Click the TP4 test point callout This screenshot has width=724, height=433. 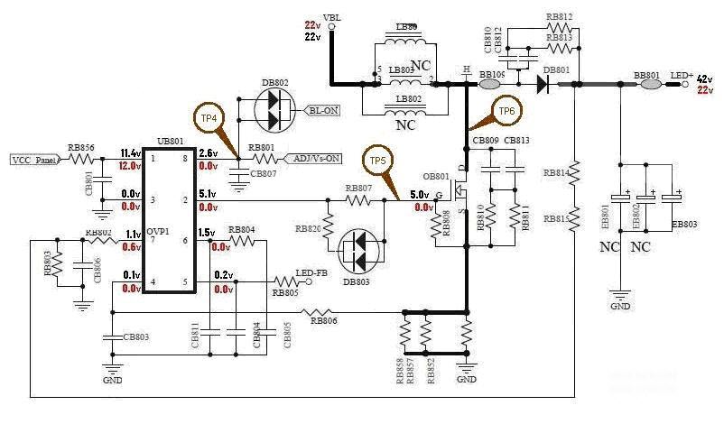[x=207, y=117]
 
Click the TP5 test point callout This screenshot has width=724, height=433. [x=376, y=161]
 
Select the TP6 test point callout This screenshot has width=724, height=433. [x=506, y=111]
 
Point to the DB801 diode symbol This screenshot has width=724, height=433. [x=543, y=84]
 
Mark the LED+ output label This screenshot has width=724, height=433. [x=684, y=76]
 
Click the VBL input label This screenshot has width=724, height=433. [x=332, y=16]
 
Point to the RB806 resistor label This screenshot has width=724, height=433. [x=324, y=319]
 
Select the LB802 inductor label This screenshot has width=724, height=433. [x=408, y=98]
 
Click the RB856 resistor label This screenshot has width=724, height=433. [x=82, y=148]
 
